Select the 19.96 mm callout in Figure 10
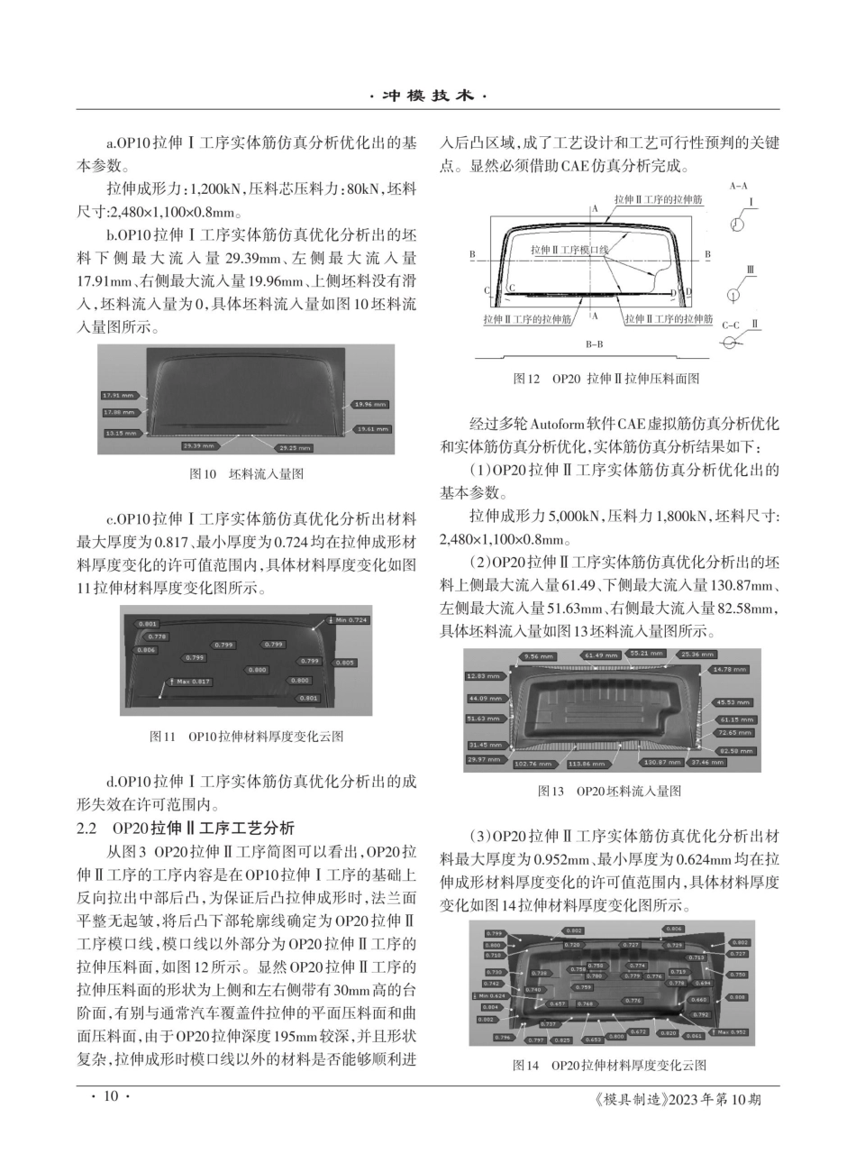coord(370,404)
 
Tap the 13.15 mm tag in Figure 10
coord(119,433)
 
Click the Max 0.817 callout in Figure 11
coord(190,682)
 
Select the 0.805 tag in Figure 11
coord(343,662)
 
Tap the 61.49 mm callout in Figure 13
coord(600,655)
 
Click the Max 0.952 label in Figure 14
coord(729,1031)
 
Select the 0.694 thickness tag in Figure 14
coord(703,983)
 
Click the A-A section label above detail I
coord(737,186)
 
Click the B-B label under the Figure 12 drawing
coord(595,343)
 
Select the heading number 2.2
coord(88,829)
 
